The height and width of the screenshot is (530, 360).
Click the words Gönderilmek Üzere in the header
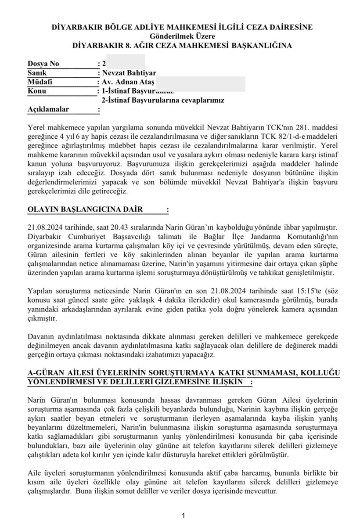point(180,36)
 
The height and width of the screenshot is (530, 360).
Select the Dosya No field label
point(43,64)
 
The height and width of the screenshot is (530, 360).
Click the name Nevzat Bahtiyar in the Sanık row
point(129,73)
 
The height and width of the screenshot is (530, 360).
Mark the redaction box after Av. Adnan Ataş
point(201,83)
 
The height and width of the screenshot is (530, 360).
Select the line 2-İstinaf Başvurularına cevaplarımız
point(163,101)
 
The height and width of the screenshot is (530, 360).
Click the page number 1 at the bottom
point(183,516)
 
